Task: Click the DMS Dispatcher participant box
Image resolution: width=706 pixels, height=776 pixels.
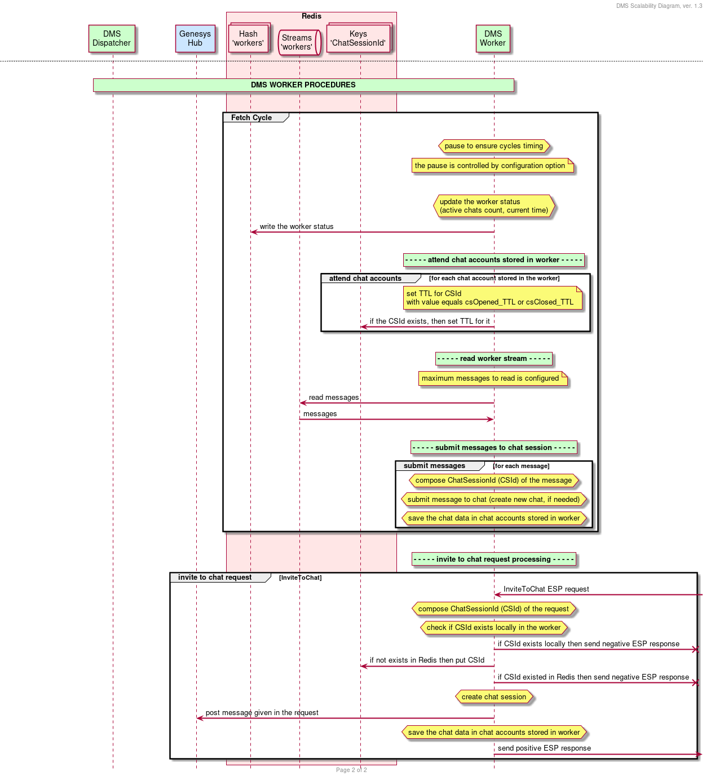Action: click(112, 38)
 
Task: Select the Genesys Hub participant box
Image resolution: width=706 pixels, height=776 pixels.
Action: click(195, 38)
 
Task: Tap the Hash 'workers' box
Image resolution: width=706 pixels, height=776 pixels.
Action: click(249, 38)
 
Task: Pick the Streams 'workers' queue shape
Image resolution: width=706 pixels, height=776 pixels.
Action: click(299, 42)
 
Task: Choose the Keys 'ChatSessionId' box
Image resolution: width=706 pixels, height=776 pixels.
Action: click(359, 38)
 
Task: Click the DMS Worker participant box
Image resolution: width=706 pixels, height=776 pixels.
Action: click(493, 38)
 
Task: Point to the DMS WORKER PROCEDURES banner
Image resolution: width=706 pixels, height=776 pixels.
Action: click(303, 85)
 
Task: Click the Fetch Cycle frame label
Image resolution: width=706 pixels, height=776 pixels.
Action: click(251, 118)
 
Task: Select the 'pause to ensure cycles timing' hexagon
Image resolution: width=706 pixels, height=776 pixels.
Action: click(493, 146)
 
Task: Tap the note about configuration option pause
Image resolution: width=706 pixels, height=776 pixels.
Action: click(492, 166)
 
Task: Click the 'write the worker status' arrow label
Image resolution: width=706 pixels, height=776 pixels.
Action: click(296, 226)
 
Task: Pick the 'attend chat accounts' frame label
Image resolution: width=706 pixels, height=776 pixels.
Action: click(365, 278)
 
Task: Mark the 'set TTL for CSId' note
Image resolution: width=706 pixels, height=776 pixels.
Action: click(492, 298)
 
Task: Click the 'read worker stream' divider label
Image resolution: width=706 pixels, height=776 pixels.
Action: click(493, 359)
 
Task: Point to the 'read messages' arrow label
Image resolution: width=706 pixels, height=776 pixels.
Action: click(334, 397)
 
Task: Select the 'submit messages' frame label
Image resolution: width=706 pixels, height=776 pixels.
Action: click(434, 466)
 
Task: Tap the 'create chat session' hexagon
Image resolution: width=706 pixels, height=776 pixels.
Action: click(494, 696)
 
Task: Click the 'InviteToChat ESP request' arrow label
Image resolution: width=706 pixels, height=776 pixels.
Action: click(546, 589)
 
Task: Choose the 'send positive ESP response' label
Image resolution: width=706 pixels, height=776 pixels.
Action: click(544, 748)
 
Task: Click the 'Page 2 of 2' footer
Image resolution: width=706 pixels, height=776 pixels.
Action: click(351, 770)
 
